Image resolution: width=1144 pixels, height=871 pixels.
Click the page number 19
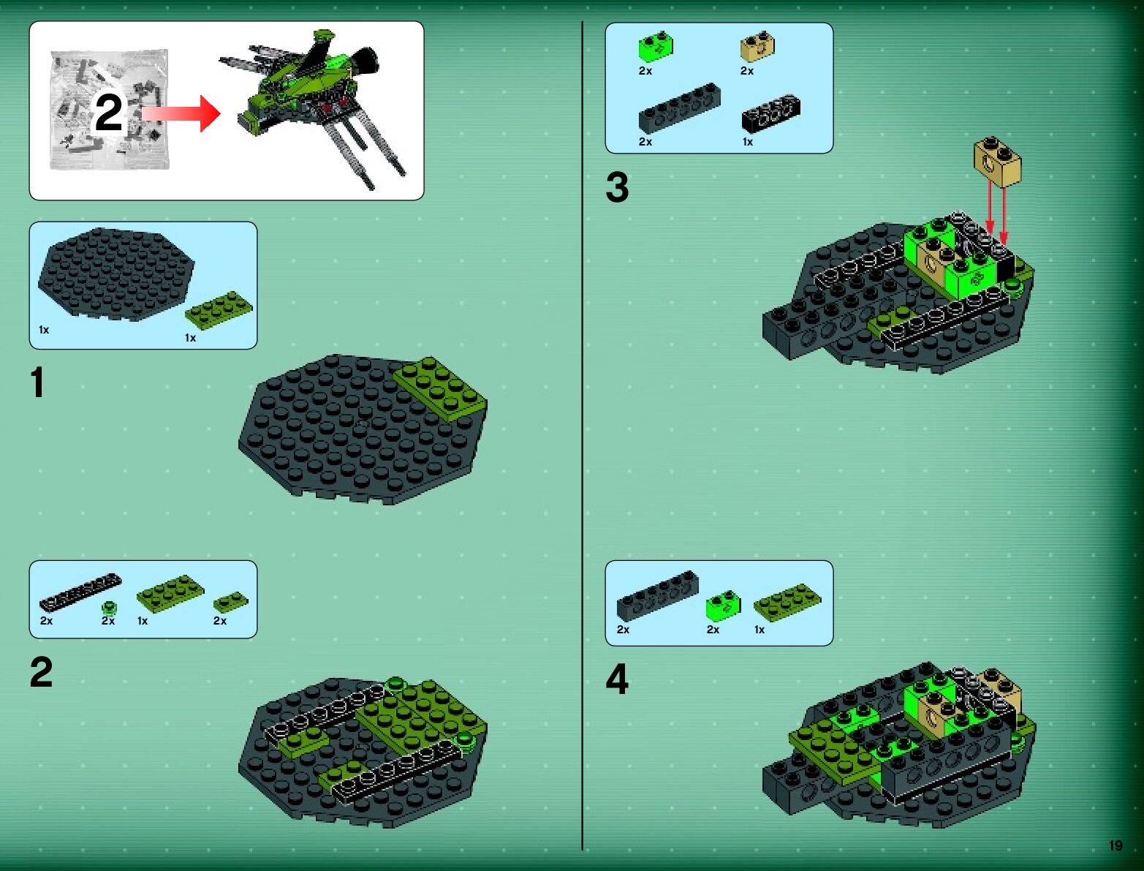point(1115,845)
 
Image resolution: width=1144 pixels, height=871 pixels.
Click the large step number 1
point(37,382)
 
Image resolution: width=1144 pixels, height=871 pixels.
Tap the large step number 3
point(617,187)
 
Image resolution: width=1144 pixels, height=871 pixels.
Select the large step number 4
point(617,679)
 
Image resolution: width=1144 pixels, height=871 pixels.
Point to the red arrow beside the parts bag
point(181,113)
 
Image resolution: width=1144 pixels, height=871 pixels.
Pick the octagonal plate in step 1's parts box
point(115,273)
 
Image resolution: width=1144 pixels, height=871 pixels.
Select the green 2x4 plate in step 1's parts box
point(219,310)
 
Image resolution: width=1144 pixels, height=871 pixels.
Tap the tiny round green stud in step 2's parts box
point(109,608)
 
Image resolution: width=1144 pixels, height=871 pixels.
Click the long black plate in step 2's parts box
point(80,592)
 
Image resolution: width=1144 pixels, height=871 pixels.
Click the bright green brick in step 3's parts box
point(656,47)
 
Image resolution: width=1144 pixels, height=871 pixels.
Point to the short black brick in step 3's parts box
point(771,113)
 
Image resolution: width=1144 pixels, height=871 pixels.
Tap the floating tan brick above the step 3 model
point(998,161)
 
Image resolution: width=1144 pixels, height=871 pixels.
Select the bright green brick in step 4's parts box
point(724,606)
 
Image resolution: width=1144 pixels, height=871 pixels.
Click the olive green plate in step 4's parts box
point(787,603)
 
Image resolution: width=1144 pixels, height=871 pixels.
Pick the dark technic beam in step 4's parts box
point(658,596)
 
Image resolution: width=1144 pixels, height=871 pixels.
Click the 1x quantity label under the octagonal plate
point(44,330)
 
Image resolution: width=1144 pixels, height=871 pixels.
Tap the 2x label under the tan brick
point(747,71)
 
